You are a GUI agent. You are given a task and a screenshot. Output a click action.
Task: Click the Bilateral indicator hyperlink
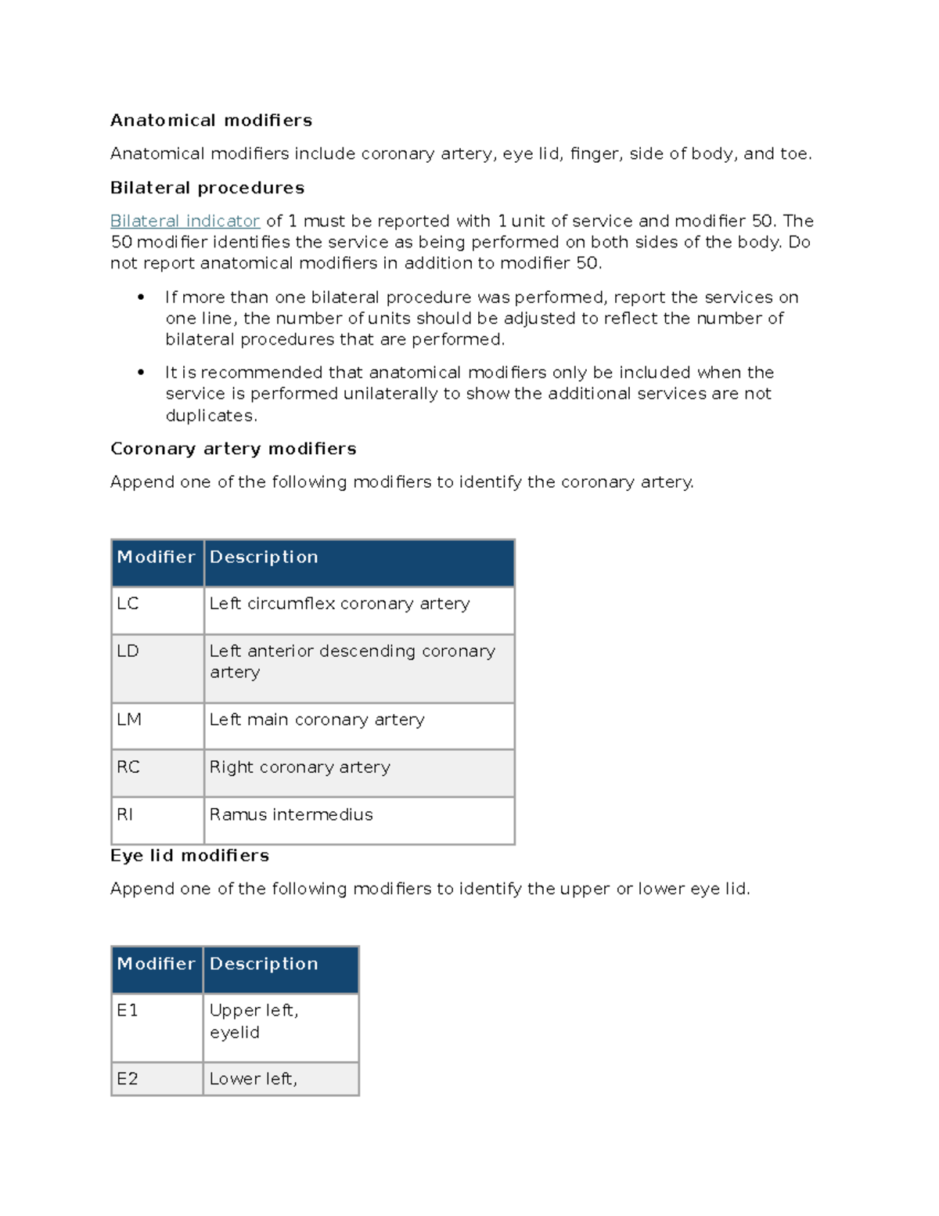(185, 221)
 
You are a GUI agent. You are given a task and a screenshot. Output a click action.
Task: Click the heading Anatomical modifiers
(211, 121)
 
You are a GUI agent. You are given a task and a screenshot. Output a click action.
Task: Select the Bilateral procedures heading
(207, 188)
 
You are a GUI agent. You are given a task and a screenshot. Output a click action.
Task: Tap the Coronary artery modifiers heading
(233, 449)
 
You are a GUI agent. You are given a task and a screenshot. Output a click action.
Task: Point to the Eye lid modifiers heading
(189, 856)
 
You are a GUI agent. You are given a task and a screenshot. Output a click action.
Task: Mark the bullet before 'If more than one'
(141, 297)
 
